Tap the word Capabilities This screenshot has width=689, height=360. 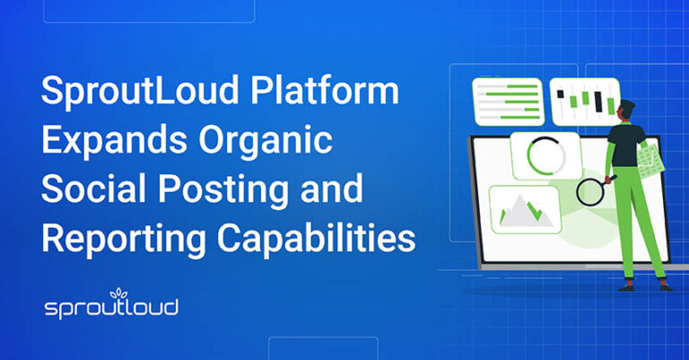[318, 239]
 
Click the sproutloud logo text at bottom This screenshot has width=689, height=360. [111, 308]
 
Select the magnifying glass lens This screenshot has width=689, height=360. [590, 191]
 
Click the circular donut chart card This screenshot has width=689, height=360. [545, 156]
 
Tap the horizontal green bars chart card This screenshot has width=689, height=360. [508, 101]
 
